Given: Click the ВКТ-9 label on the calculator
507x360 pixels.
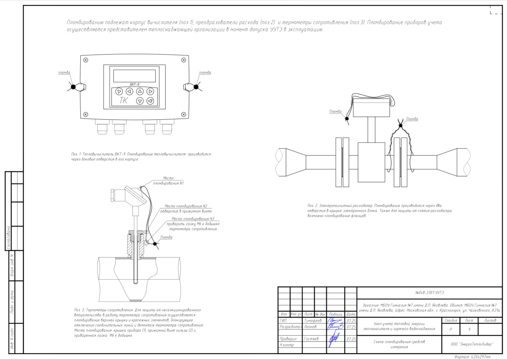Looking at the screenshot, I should [134, 84].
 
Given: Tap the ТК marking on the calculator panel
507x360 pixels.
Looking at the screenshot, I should [123, 101].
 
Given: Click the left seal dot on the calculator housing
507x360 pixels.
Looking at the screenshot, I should [73, 87].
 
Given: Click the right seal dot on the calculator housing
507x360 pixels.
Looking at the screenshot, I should [196, 87].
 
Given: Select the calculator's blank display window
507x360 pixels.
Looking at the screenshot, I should [134, 76].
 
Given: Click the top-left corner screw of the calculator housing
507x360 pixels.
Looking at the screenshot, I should [86, 60].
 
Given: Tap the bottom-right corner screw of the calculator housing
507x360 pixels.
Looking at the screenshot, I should [183, 114].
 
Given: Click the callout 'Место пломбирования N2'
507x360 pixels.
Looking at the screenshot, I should [186, 206].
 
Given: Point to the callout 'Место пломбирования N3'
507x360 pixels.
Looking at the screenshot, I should [193, 219].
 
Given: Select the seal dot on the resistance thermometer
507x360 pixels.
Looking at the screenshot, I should [155, 244].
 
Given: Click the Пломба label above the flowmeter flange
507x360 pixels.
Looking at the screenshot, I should [412, 119].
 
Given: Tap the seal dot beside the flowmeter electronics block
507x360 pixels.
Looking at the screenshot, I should [347, 119].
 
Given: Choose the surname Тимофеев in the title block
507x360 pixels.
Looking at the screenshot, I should [313, 321].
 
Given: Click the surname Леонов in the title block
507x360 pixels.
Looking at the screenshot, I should [310, 327].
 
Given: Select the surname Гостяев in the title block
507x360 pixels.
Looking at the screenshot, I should [311, 339].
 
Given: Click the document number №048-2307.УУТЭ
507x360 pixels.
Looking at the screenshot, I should [429, 293].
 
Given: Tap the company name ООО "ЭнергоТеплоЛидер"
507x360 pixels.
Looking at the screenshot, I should [472, 344].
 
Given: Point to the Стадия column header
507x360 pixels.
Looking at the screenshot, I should [451, 320].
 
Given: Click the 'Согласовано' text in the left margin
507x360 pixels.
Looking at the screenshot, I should [9, 238].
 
